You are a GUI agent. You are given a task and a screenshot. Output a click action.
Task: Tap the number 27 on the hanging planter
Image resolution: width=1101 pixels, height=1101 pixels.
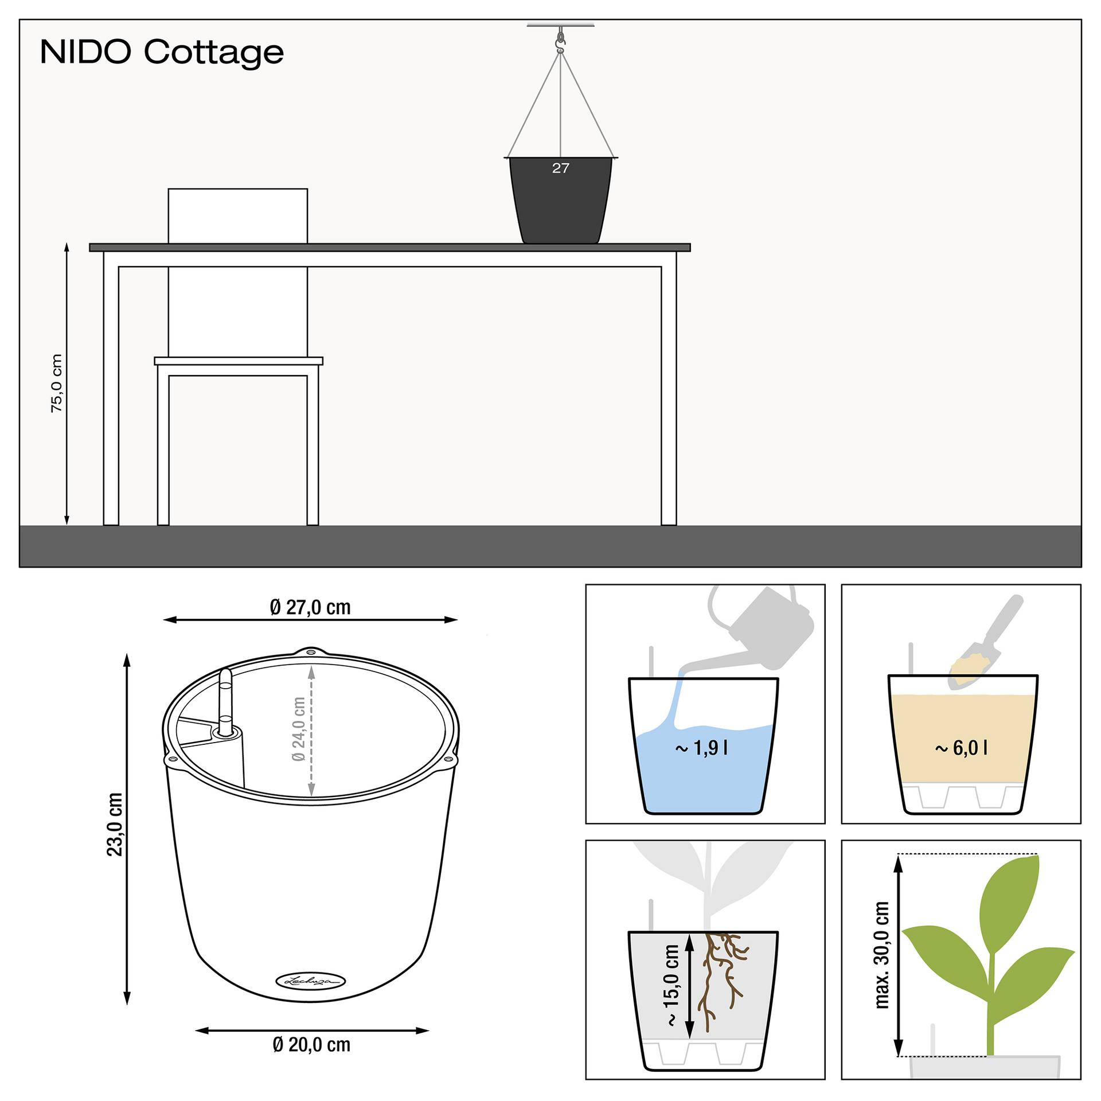560,168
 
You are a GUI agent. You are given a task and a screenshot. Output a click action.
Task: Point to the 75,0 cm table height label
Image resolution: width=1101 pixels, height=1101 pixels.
56,383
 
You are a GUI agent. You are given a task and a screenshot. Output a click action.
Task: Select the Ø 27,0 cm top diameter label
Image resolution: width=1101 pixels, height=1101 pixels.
310,607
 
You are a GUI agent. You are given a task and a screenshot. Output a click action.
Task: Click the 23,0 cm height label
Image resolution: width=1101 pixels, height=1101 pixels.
115,825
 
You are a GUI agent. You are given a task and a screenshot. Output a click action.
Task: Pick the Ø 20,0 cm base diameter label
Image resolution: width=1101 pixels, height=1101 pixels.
311,1044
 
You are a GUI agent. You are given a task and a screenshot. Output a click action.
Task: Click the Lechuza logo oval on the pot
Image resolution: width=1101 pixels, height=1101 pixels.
311,981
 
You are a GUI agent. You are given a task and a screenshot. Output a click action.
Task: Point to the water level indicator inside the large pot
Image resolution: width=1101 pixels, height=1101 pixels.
225,702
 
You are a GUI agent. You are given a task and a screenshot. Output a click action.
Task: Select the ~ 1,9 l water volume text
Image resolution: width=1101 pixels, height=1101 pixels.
702,748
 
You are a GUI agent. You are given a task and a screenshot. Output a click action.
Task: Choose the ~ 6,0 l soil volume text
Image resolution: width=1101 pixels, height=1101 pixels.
961,748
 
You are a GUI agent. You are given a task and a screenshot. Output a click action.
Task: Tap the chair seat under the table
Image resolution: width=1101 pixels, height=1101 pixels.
239,361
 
